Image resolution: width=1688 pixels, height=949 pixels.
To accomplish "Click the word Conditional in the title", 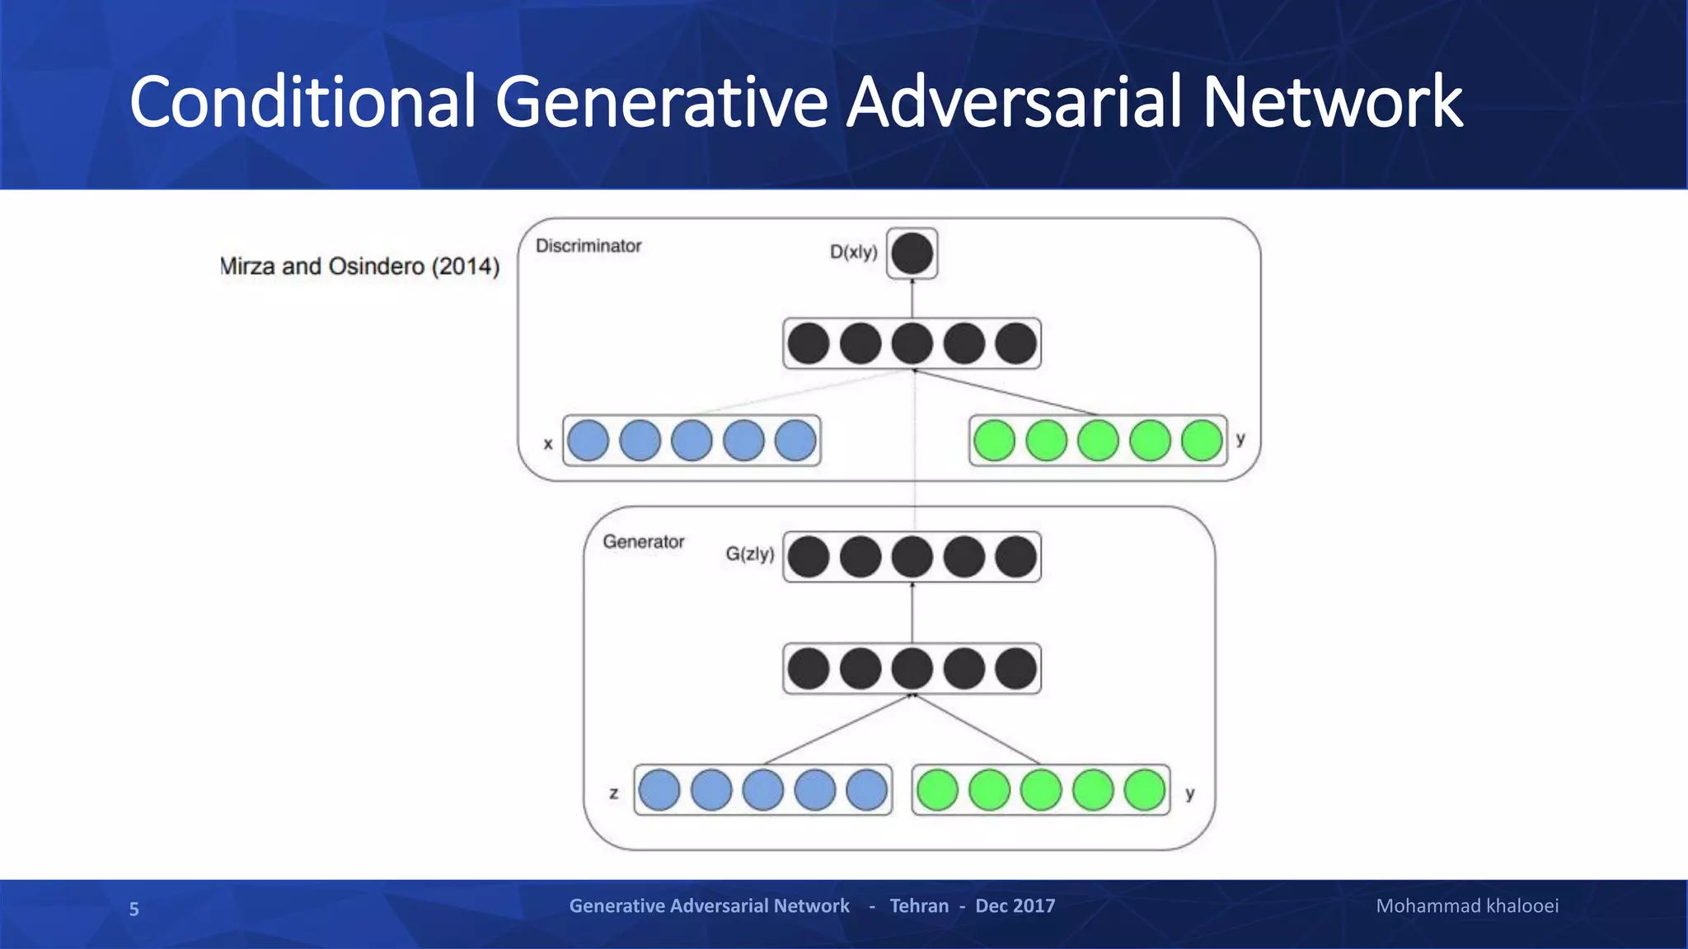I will click(x=302, y=102).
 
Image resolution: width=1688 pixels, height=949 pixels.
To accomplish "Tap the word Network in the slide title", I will click(x=1332, y=102).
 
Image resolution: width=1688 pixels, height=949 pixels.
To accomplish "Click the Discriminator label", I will click(x=588, y=245).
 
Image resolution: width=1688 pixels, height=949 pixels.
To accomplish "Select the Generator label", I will click(x=643, y=542).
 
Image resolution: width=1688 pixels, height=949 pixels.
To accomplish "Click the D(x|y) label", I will click(x=853, y=252).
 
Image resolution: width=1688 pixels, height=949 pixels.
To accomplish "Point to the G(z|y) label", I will click(x=749, y=554).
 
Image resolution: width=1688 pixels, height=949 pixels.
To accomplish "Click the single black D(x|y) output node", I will click(x=912, y=254).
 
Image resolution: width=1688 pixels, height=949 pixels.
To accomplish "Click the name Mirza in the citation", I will click(x=247, y=267).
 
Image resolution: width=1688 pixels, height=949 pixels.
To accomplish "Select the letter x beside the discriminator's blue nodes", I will click(x=548, y=444).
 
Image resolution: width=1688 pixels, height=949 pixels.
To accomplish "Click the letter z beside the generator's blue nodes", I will click(x=613, y=794).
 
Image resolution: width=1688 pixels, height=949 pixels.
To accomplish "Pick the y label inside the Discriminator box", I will click(x=1240, y=439).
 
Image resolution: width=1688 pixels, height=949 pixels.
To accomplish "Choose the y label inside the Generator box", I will click(x=1189, y=794).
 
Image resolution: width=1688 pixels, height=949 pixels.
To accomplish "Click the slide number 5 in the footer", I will click(x=134, y=909).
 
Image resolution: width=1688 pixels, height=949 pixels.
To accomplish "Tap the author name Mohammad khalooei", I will click(x=1467, y=906).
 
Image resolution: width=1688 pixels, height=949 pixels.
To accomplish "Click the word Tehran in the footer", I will click(x=919, y=906).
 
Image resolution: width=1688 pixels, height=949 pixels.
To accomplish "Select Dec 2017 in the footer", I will click(x=1015, y=906).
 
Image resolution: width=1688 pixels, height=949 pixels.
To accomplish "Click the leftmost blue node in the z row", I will click(x=659, y=790).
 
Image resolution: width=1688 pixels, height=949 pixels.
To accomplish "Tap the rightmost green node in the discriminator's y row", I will click(x=1202, y=440).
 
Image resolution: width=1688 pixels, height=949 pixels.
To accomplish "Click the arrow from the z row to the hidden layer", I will click(x=837, y=730).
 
